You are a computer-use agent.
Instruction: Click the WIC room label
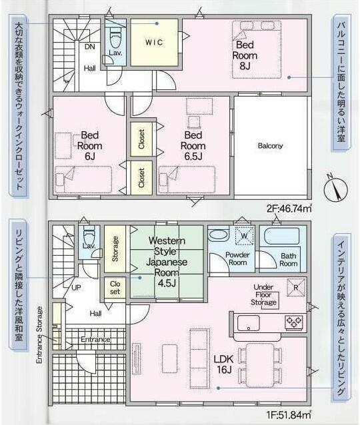[x=154, y=42]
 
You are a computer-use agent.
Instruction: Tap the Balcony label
[x=270, y=146]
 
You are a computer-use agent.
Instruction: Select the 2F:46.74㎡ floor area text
[x=289, y=209]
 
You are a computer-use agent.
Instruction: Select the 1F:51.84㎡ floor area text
[x=289, y=415]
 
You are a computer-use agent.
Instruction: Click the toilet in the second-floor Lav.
[x=115, y=37]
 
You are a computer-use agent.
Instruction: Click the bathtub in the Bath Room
[x=282, y=236]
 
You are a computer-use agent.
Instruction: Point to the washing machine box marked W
[x=244, y=236]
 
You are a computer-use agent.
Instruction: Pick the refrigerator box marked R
[x=296, y=288]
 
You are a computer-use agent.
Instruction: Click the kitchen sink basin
[x=248, y=323]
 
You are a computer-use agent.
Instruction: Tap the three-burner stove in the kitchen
[x=294, y=322]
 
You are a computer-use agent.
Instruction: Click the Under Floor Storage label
[x=263, y=294]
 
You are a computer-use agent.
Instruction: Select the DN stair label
[x=90, y=47]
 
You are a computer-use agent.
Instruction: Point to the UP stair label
[x=76, y=288]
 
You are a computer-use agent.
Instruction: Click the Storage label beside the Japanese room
[x=115, y=248]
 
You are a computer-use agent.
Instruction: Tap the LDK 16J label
[x=224, y=364]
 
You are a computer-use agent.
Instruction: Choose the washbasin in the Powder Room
[x=218, y=234]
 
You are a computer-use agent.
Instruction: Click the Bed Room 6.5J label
[x=193, y=145]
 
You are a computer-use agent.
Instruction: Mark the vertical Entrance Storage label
[x=39, y=335]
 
